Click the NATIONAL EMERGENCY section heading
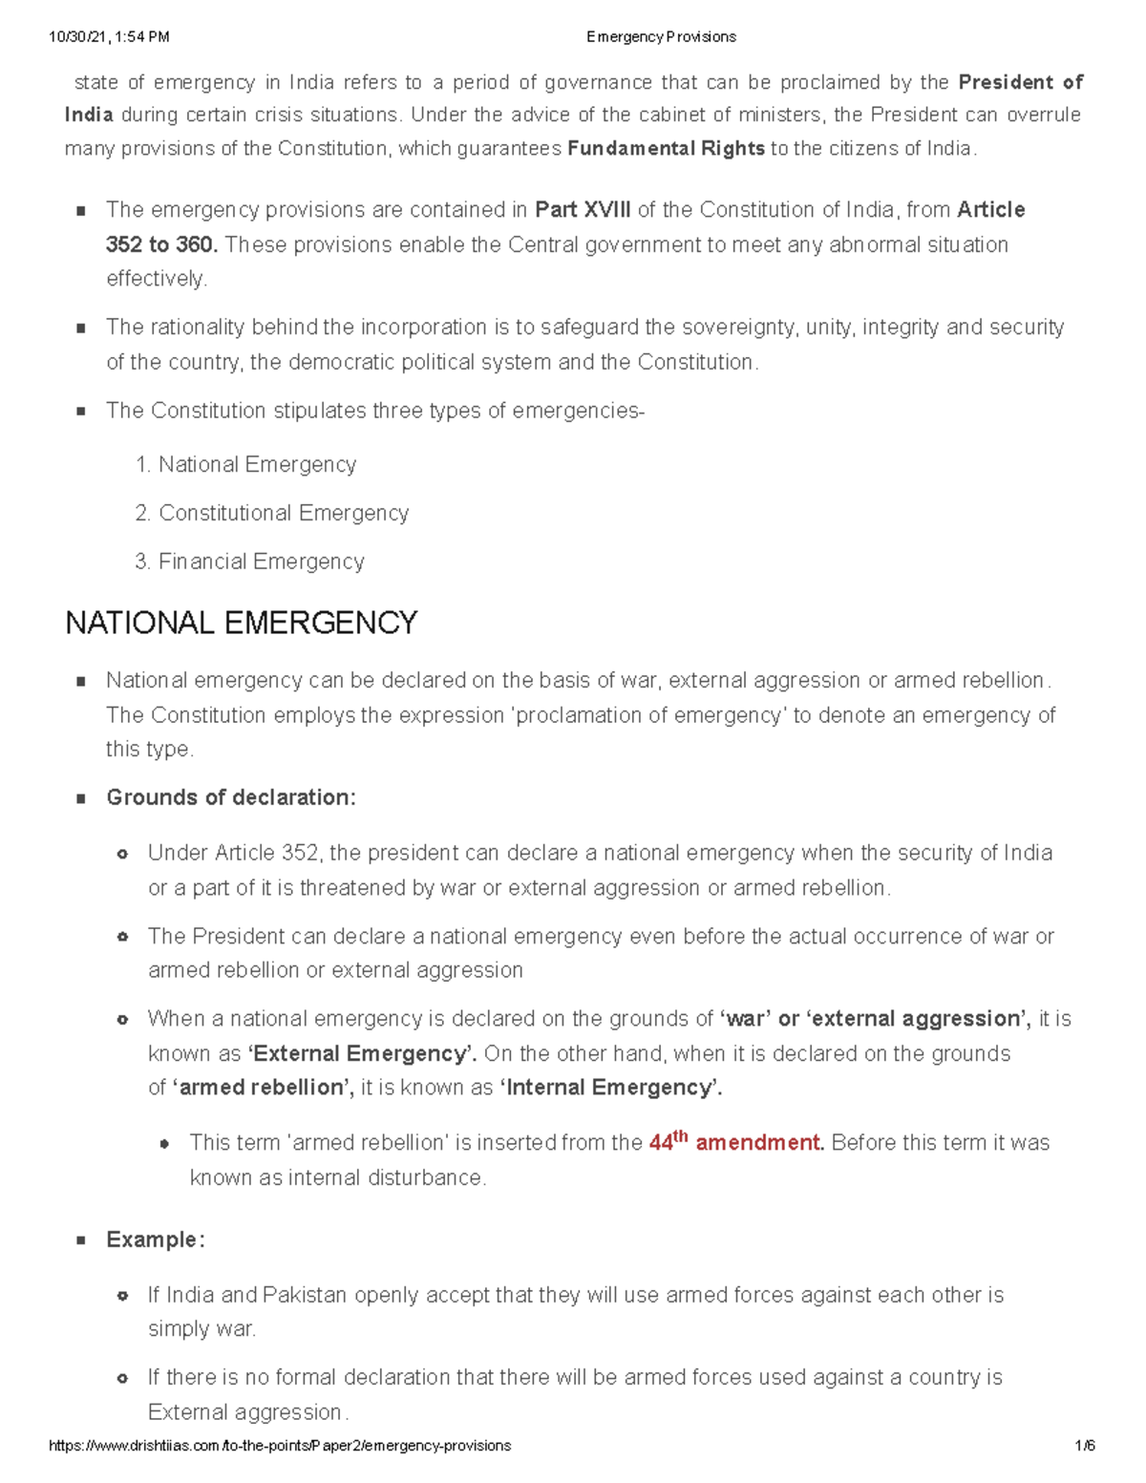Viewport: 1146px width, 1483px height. (241, 624)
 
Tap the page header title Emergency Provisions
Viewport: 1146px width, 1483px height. (661, 37)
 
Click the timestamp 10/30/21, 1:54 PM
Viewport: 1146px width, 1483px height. (109, 37)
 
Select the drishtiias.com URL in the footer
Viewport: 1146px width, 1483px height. (280, 1446)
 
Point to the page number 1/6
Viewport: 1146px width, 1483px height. (1084, 1446)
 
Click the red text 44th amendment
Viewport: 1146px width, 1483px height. (735, 1142)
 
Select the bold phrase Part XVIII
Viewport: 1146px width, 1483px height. (583, 210)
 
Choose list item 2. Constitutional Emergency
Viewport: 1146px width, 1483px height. (272, 513)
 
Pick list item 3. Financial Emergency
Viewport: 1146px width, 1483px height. (250, 561)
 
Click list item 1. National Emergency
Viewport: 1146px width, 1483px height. (246, 465)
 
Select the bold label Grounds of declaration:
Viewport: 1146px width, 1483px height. (231, 797)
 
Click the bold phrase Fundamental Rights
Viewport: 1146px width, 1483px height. (666, 149)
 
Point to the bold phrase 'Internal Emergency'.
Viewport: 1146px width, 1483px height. (611, 1088)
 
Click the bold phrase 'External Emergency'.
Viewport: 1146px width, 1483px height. (362, 1053)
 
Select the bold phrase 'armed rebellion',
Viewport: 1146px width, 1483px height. (263, 1088)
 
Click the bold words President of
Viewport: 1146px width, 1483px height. (1020, 82)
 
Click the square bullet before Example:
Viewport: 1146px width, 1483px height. (81, 1240)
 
